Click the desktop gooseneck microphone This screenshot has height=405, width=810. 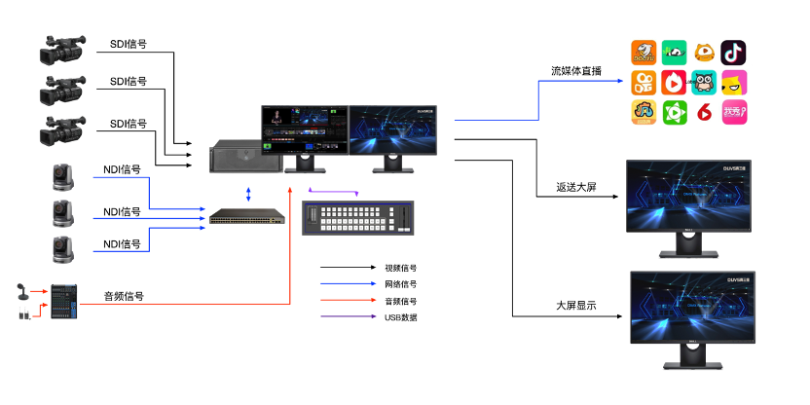[21, 291]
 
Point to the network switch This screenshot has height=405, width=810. [246, 214]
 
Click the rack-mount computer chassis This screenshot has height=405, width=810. [239, 157]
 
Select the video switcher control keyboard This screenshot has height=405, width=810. [357, 217]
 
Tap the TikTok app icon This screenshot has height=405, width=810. [734, 52]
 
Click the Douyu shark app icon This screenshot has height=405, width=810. [643, 52]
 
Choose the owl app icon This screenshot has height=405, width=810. [703, 83]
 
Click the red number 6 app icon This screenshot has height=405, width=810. [703, 113]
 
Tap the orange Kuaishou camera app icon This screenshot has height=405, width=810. [643, 83]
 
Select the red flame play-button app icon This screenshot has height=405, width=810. [673, 83]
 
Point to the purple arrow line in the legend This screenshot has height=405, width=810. [347, 317]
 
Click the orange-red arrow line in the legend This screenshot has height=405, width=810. [347, 301]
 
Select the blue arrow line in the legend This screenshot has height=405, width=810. [347, 284]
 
